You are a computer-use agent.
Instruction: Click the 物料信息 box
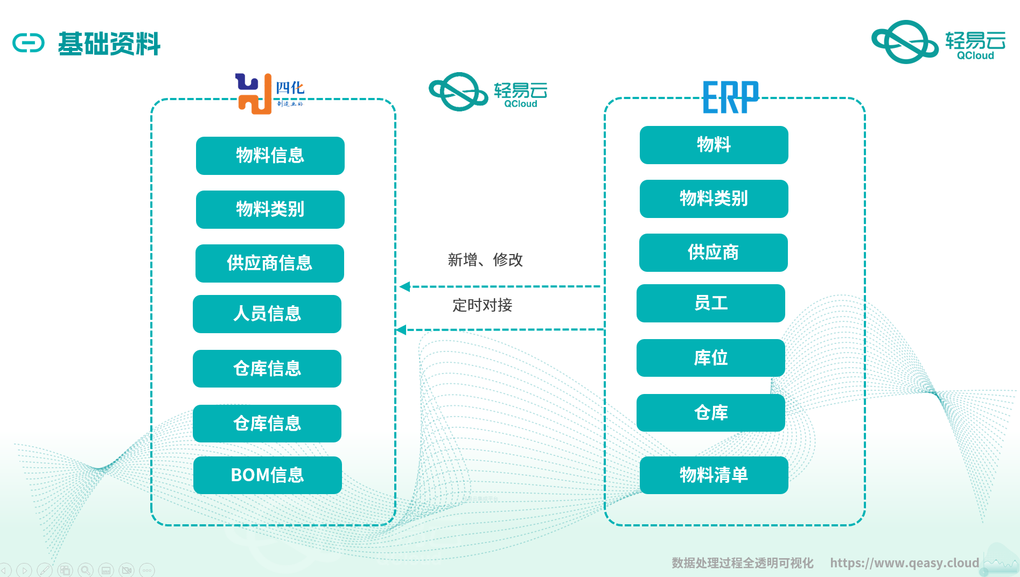coord(270,156)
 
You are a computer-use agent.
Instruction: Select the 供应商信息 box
coord(269,263)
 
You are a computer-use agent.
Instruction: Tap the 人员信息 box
coord(267,314)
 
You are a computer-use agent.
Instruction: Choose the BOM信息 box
coord(267,475)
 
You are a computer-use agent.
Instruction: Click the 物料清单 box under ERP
coord(714,475)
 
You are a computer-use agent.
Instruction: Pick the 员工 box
coord(710,303)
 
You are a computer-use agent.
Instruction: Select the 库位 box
coord(710,358)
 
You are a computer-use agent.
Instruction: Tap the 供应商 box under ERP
coord(713,252)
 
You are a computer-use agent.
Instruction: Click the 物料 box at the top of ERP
coord(714,145)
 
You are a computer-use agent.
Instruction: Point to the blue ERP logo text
coord(730,97)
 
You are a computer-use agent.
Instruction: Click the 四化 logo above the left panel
coord(269,94)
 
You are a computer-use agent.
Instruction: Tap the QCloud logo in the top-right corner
coord(938,41)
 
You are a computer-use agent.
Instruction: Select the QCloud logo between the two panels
coord(487,92)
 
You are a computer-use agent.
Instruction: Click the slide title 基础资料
coord(109,44)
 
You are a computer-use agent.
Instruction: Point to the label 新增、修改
coord(485,260)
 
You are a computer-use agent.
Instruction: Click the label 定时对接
coord(482,305)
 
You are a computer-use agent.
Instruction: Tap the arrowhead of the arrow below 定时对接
coord(401,330)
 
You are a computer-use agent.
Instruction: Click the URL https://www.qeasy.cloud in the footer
coord(904,563)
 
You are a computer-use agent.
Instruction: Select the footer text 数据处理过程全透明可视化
coord(742,563)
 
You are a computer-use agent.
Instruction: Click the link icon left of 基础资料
coord(29,43)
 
